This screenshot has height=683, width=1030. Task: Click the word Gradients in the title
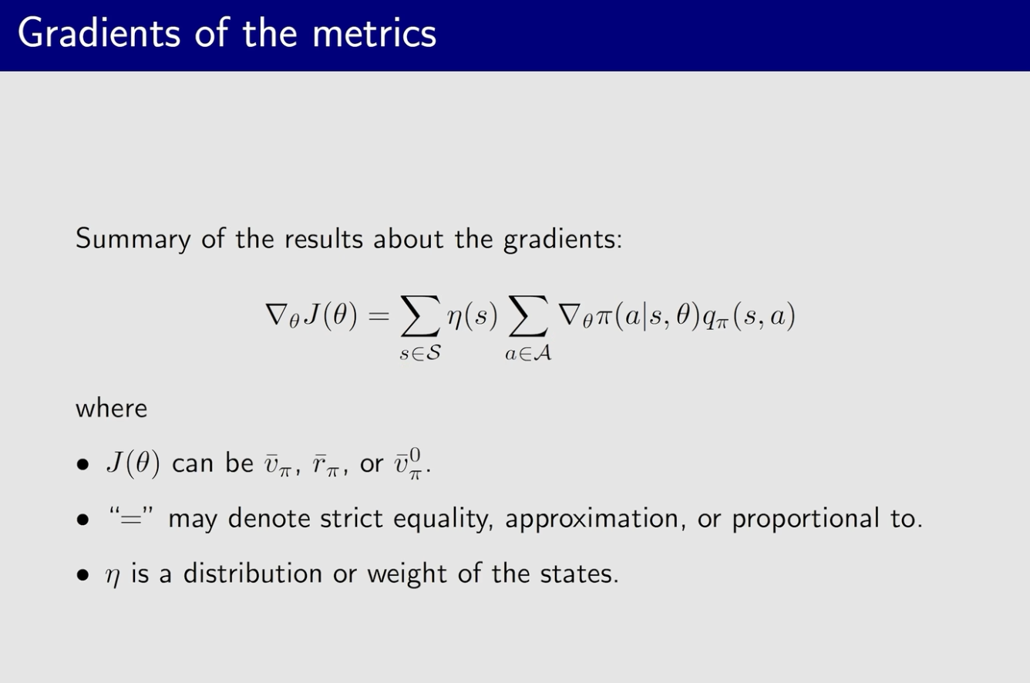tap(99, 33)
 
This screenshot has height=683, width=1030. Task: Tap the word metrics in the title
tap(374, 34)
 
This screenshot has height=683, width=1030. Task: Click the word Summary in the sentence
tap(133, 240)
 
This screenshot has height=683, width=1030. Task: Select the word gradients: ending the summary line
tap(563, 240)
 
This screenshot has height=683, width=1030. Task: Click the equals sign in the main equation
tap(379, 316)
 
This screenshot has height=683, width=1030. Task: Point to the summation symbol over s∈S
tap(420, 316)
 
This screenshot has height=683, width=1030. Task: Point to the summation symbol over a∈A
tap(528, 316)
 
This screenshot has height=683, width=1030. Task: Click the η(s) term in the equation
tap(473, 316)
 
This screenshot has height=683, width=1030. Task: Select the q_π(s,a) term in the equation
tap(749, 316)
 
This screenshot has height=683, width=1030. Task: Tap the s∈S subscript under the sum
tap(420, 353)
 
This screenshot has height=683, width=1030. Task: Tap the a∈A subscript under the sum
tap(528, 353)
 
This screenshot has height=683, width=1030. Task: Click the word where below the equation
tap(111, 408)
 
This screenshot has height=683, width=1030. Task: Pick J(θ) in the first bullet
tap(133, 463)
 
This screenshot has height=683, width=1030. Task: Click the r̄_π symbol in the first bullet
tap(325, 465)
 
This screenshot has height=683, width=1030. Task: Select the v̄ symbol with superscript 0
tap(408, 464)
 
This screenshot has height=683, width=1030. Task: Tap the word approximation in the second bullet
tap(591, 520)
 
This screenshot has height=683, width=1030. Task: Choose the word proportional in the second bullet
tap(806, 520)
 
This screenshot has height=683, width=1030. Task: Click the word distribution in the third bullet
tap(253, 574)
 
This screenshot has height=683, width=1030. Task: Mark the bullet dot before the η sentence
tap(82, 575)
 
